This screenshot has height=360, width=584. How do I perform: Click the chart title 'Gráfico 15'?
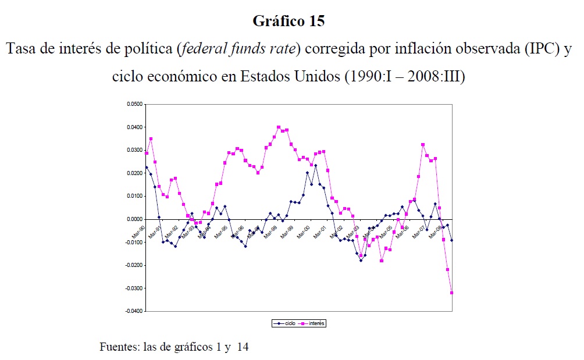pyautogui.click(x=289, y=22)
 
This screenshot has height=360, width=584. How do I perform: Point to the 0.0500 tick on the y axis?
pyautogui.click(x=134, y=104)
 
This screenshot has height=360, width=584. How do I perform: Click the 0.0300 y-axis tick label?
pyautogui.click(x=134, y=150)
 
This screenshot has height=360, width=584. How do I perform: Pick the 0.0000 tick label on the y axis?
pyautogui.click(x=134, y=219)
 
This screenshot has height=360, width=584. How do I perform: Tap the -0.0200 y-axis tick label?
pyautogui.click(x=133, y=265)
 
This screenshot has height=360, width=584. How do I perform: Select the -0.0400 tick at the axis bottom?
pyautogui.click(x=133, y=311)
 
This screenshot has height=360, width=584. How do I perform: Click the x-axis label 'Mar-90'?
pyautogui.click(x=138, y=231)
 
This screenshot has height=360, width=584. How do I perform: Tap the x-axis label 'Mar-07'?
pyautogui.click(x=419, y=231)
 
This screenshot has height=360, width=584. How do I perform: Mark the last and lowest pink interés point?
pyautogui.click(x=452, y=293)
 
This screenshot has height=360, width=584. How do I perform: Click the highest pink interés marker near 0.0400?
pyautogui.click(x=279, y=127)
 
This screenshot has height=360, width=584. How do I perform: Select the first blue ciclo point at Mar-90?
pyautogui.click(x=147, y=167)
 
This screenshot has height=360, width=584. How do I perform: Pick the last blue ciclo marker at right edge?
pyautogui.click(x=452, y=240)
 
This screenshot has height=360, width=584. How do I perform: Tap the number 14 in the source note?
pyautogui.click(x=243, y=347)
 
